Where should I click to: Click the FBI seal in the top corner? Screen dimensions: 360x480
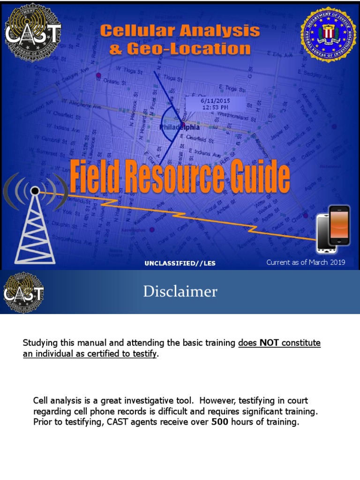(328, 34)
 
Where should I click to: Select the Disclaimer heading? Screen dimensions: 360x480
(180, 292)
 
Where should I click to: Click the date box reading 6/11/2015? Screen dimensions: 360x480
(214, 104)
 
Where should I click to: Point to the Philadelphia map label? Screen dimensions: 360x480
(180, 127)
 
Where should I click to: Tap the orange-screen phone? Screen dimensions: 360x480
(339, 225)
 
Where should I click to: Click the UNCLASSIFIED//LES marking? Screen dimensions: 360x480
(180, 263)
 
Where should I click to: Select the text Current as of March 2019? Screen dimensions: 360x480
(306, 262)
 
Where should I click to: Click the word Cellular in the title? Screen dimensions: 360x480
(138, 31)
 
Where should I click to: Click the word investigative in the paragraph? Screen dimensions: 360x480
(143, 401)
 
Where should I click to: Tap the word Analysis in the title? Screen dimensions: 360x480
(222, 31)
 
